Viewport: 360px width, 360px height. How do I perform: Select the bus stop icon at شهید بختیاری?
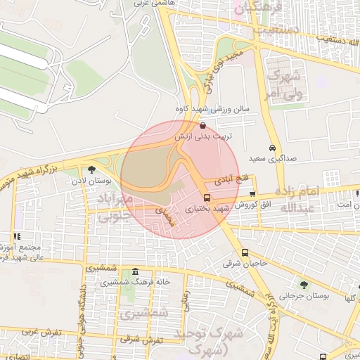coord(207,198)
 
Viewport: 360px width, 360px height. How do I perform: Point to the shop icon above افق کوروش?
coord(252,193)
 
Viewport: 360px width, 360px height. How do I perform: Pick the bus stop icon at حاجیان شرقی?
coord(245,253)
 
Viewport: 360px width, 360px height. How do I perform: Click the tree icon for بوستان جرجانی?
coord(304,285)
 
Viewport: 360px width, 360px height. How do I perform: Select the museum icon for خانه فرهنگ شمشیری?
coord(135,271)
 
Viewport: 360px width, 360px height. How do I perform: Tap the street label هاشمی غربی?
coord(146,4)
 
